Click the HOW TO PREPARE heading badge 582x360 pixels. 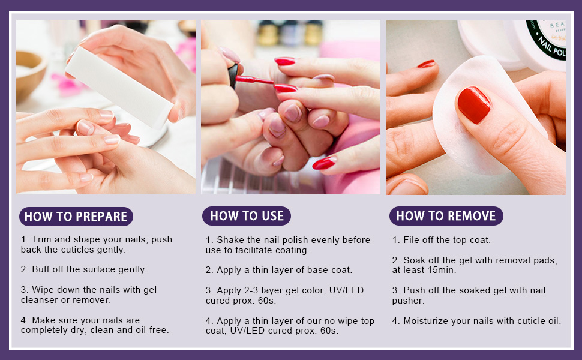click(76, 217)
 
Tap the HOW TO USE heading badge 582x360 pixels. click(247, 216)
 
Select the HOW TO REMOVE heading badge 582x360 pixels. click(446, 216)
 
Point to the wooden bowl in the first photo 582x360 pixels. click(29, 74)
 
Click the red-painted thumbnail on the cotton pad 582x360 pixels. click(474, 104)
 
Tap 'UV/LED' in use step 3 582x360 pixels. click(346, 290)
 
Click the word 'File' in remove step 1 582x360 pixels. click(411, 240)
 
